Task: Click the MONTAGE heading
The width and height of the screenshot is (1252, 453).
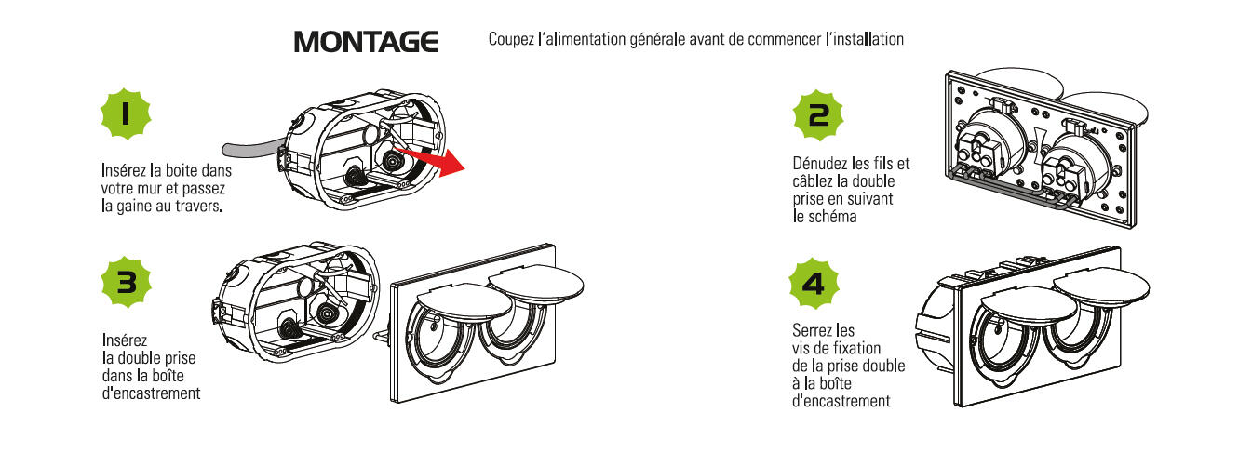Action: (366, 42)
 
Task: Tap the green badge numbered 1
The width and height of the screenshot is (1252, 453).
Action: (126, 114)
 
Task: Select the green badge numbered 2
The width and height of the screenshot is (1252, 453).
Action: (818, 115)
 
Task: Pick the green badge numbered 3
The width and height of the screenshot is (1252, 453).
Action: (127, 282)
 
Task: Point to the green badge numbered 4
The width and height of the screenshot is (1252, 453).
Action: (814, 284)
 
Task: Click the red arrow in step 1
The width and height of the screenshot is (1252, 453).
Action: (429, 160)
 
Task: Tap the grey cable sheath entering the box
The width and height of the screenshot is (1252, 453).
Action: (252, 148)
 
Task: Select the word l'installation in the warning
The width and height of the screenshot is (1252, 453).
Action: (865, 39)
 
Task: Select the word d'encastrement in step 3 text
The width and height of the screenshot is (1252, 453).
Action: (151, 393)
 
